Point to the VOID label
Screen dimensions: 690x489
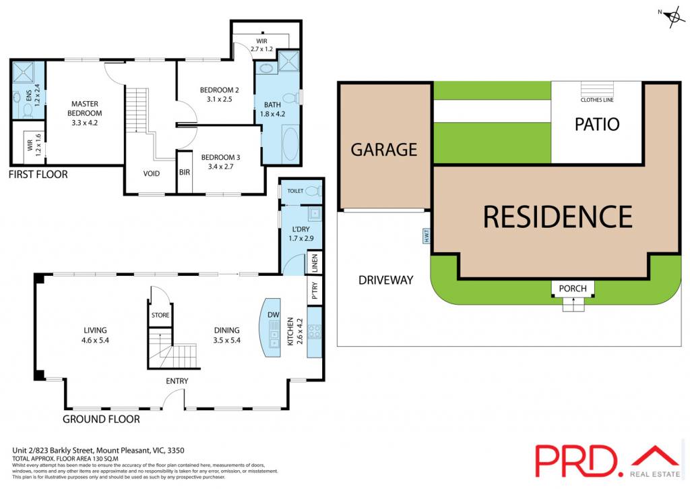point(152,173)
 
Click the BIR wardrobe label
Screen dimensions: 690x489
point(185,172)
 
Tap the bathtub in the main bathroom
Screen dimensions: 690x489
point(290,144)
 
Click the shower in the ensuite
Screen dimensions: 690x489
point(23,72)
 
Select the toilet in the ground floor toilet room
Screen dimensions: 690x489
point(313,191)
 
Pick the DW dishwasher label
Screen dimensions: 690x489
point(274,314)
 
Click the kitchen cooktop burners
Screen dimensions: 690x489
point(314,332)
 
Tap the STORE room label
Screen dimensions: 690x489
point(160,315)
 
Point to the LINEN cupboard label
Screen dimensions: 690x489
point(314,263)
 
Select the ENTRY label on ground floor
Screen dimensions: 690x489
point(177,380)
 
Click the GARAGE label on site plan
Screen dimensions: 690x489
point(383,150)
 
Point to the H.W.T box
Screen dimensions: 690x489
point(426,236)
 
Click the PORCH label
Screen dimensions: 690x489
point(573,289)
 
